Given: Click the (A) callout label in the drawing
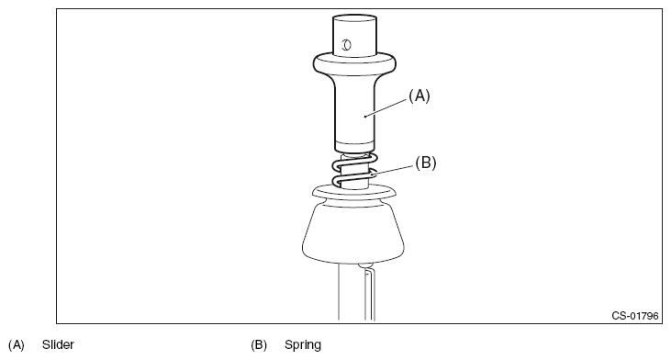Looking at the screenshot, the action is pyautogui.click(x=419, y=96).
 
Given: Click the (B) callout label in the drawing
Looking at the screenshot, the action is pyautogui.click(x=425, y=163).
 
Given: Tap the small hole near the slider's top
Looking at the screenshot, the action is pyautogui.click(x=346, y=44).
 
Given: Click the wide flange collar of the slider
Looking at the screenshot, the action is pyautogui.click(x=354, y=64).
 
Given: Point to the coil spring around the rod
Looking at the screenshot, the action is pyautogui.click(x=354, y=171).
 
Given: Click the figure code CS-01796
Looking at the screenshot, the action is pyautogui.click(x=634, y=316).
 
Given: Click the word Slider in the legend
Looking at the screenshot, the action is pyautogui.click(x=58, y=344).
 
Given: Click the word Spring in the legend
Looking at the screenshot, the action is pyautogui.click(x=303, y=345).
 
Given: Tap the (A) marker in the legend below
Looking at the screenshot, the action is pyautogui.click(x=17, y=345).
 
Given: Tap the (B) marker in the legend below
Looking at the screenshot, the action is pyautogui.click(x=259, y=345).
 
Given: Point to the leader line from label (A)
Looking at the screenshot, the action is pyautogui.click(x=386, y=107).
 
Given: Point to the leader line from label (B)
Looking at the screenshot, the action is pyautogui.click(x=393, y=171).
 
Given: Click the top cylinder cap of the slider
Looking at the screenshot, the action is pyautogui.click(x=354, y=34).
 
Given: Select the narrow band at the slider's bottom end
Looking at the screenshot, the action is pyautogui.click(x=354, y=145).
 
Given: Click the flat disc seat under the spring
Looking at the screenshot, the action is pyautogui.click(x=354, y=192).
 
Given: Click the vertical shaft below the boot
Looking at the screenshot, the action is pyautogui.click(x=356, y=292).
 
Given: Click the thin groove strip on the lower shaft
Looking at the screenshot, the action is pyautogui.click(x=370, y=296).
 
